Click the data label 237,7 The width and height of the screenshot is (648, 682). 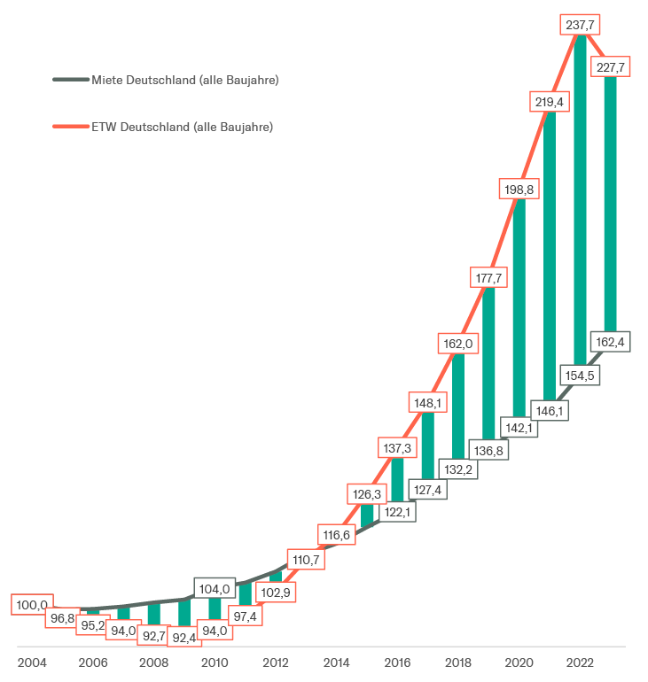581,25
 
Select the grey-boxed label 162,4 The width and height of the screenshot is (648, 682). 611,341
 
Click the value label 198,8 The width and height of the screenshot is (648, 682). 519,189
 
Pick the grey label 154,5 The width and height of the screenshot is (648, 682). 581,376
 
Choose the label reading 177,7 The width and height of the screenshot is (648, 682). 488,278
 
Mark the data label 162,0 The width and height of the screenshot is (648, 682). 458,342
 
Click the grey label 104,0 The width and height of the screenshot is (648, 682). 214,588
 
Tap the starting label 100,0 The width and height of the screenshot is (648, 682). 31,605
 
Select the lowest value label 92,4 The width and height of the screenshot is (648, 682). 183,636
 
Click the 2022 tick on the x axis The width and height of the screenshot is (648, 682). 580,663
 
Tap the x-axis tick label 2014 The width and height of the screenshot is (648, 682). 336,663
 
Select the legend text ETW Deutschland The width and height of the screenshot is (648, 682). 182,127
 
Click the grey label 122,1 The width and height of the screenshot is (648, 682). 397,512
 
